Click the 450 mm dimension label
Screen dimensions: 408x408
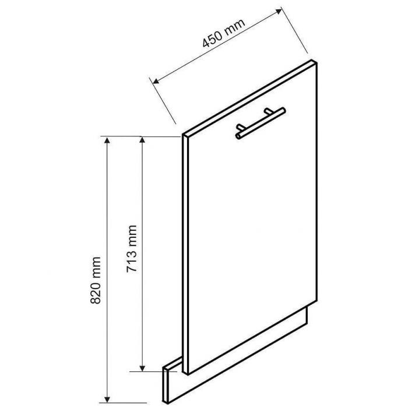tap(224, 33)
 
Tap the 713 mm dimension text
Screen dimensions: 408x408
tap(132, 249)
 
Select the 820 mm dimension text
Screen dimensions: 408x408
tap(96, 280)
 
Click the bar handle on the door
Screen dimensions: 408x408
tap(261, 123)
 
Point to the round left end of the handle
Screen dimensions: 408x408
tap(238, 136)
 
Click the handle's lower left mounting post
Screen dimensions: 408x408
tap(240, 128)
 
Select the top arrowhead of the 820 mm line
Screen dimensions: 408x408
tap(107, 141)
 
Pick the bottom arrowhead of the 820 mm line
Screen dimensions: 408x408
tap(107, 399)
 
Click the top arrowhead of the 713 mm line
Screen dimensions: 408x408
tap(142, 140)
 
